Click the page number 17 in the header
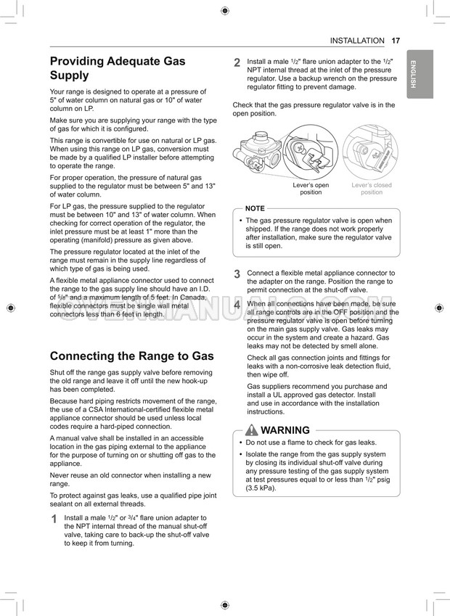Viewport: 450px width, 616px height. pyautogui.click(x=395, y=41)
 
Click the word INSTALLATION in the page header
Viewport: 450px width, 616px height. pyautogui.click(x=356, y=41)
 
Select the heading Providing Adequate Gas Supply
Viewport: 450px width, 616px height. pyautogui.click(x=118, y=68)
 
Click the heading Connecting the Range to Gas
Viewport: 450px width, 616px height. pyautogui.click(x=131, y=356)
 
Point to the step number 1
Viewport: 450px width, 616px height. pyautogui.click(x=54, y=520)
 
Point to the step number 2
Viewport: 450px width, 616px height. pyautogui.click(x=237, y=63)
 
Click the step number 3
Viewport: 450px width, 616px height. pyautogui.click(x=237, y=274)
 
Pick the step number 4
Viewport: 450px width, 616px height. pyautogui.click(x=237, y=305)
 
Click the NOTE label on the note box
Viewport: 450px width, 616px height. pyautogui.click(x=255, y=208)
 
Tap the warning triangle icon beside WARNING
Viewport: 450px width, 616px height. pyautogui.click(x=252, y=430)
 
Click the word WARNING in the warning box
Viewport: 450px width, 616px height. pyautogui.click(x=285, y=430)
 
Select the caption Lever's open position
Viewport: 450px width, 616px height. pyautogui.click(x=311, y=189)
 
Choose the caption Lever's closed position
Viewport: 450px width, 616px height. pyautogui.click(x=371, y=189)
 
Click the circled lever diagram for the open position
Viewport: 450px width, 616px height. pyautogui.click(x=311, y=152)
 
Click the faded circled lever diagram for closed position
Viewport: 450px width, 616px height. pyautogui.click(x=371, y=152)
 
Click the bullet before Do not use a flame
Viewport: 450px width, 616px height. pyautogui.click(x=240, y=442)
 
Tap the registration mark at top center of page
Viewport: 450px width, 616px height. pyautogui.click(x=225, y=10)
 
